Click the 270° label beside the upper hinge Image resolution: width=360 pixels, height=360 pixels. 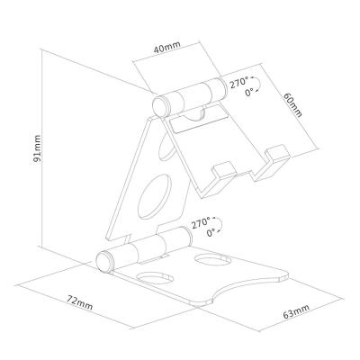point(238,83)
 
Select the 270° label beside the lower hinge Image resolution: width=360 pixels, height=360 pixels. point(200,220)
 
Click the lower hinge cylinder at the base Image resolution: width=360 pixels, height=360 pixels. point(144,249)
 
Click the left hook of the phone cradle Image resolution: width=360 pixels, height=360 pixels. point(222,171)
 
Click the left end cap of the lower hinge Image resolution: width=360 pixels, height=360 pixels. point(105,263)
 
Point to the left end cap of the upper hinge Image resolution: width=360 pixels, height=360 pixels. point(159,104)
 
